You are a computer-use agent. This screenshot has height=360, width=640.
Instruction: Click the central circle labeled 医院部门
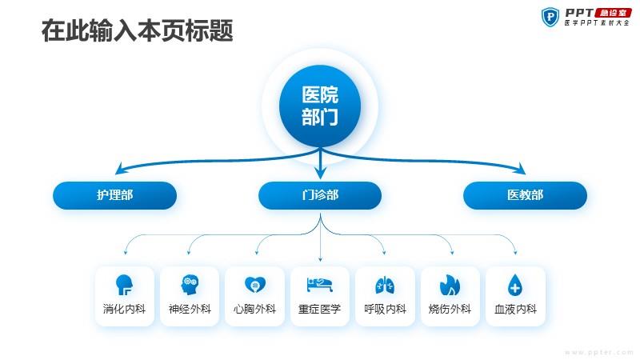click(x=320, y=106)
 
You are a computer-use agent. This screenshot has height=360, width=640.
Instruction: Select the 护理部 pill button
click(x=114, y=195)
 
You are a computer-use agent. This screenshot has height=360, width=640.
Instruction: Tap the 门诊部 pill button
click(x=320, y=195)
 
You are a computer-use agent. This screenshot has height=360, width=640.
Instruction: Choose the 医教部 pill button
click(x=526, y=195)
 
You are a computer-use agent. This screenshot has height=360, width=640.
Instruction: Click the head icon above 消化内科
click(x=124, y=285)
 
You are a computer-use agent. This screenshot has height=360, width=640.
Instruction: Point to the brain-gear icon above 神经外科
click(x=190, y=285)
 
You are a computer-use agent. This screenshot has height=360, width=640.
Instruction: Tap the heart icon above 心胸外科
click(x=255, y=285)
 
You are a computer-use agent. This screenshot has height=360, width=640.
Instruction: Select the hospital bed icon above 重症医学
click(x=320, y=285)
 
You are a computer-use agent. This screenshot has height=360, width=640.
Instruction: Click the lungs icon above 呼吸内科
click(x=385, y=285)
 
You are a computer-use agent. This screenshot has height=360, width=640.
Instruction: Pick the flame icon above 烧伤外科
click(x=450, y=285)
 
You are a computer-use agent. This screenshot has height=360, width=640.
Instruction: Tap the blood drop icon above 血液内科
click(x=515, y=285)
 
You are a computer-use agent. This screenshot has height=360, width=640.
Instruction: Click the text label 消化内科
click(x=124, y=309)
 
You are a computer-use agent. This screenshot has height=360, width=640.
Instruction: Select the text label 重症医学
click(x=319, y=309)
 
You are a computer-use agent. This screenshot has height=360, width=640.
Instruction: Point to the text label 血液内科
click(x=515, y=309)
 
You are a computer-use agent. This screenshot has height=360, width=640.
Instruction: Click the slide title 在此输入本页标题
click(x=137, y=30)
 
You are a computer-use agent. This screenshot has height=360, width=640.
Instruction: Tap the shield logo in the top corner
click(x=550, y=17)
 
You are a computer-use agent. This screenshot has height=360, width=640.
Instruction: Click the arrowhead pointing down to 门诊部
click(x=321, y=172)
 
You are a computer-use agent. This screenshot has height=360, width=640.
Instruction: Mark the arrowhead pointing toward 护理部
click(x=120, y=169)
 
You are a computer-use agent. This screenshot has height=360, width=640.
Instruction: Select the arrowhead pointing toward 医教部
click(x=521, y=169)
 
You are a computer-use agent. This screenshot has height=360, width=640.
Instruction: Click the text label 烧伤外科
click(x=450, y=309)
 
